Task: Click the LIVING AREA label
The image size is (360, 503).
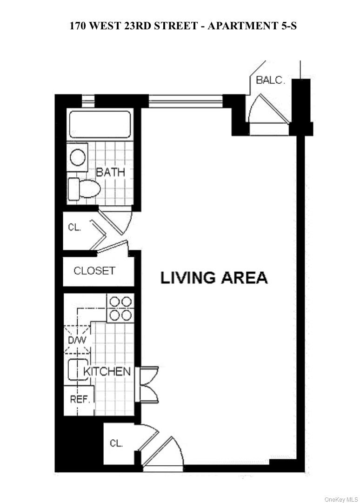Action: click(214, 278)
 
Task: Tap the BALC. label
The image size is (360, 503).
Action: click(270, 80)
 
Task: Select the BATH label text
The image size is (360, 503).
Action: click(111, 172)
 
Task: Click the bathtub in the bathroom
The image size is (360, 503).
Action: click(100, 123)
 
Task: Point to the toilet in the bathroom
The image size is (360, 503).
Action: click(84, 189)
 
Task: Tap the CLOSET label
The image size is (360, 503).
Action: click(94, 270)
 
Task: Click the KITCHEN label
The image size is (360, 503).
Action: click(107, 371)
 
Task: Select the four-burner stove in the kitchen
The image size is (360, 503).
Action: click(120, 308)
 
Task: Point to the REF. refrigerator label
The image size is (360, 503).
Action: click(79, 399)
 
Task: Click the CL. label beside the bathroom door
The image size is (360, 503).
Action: click(74, 228)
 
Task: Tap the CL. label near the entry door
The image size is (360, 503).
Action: click(116, 443)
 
